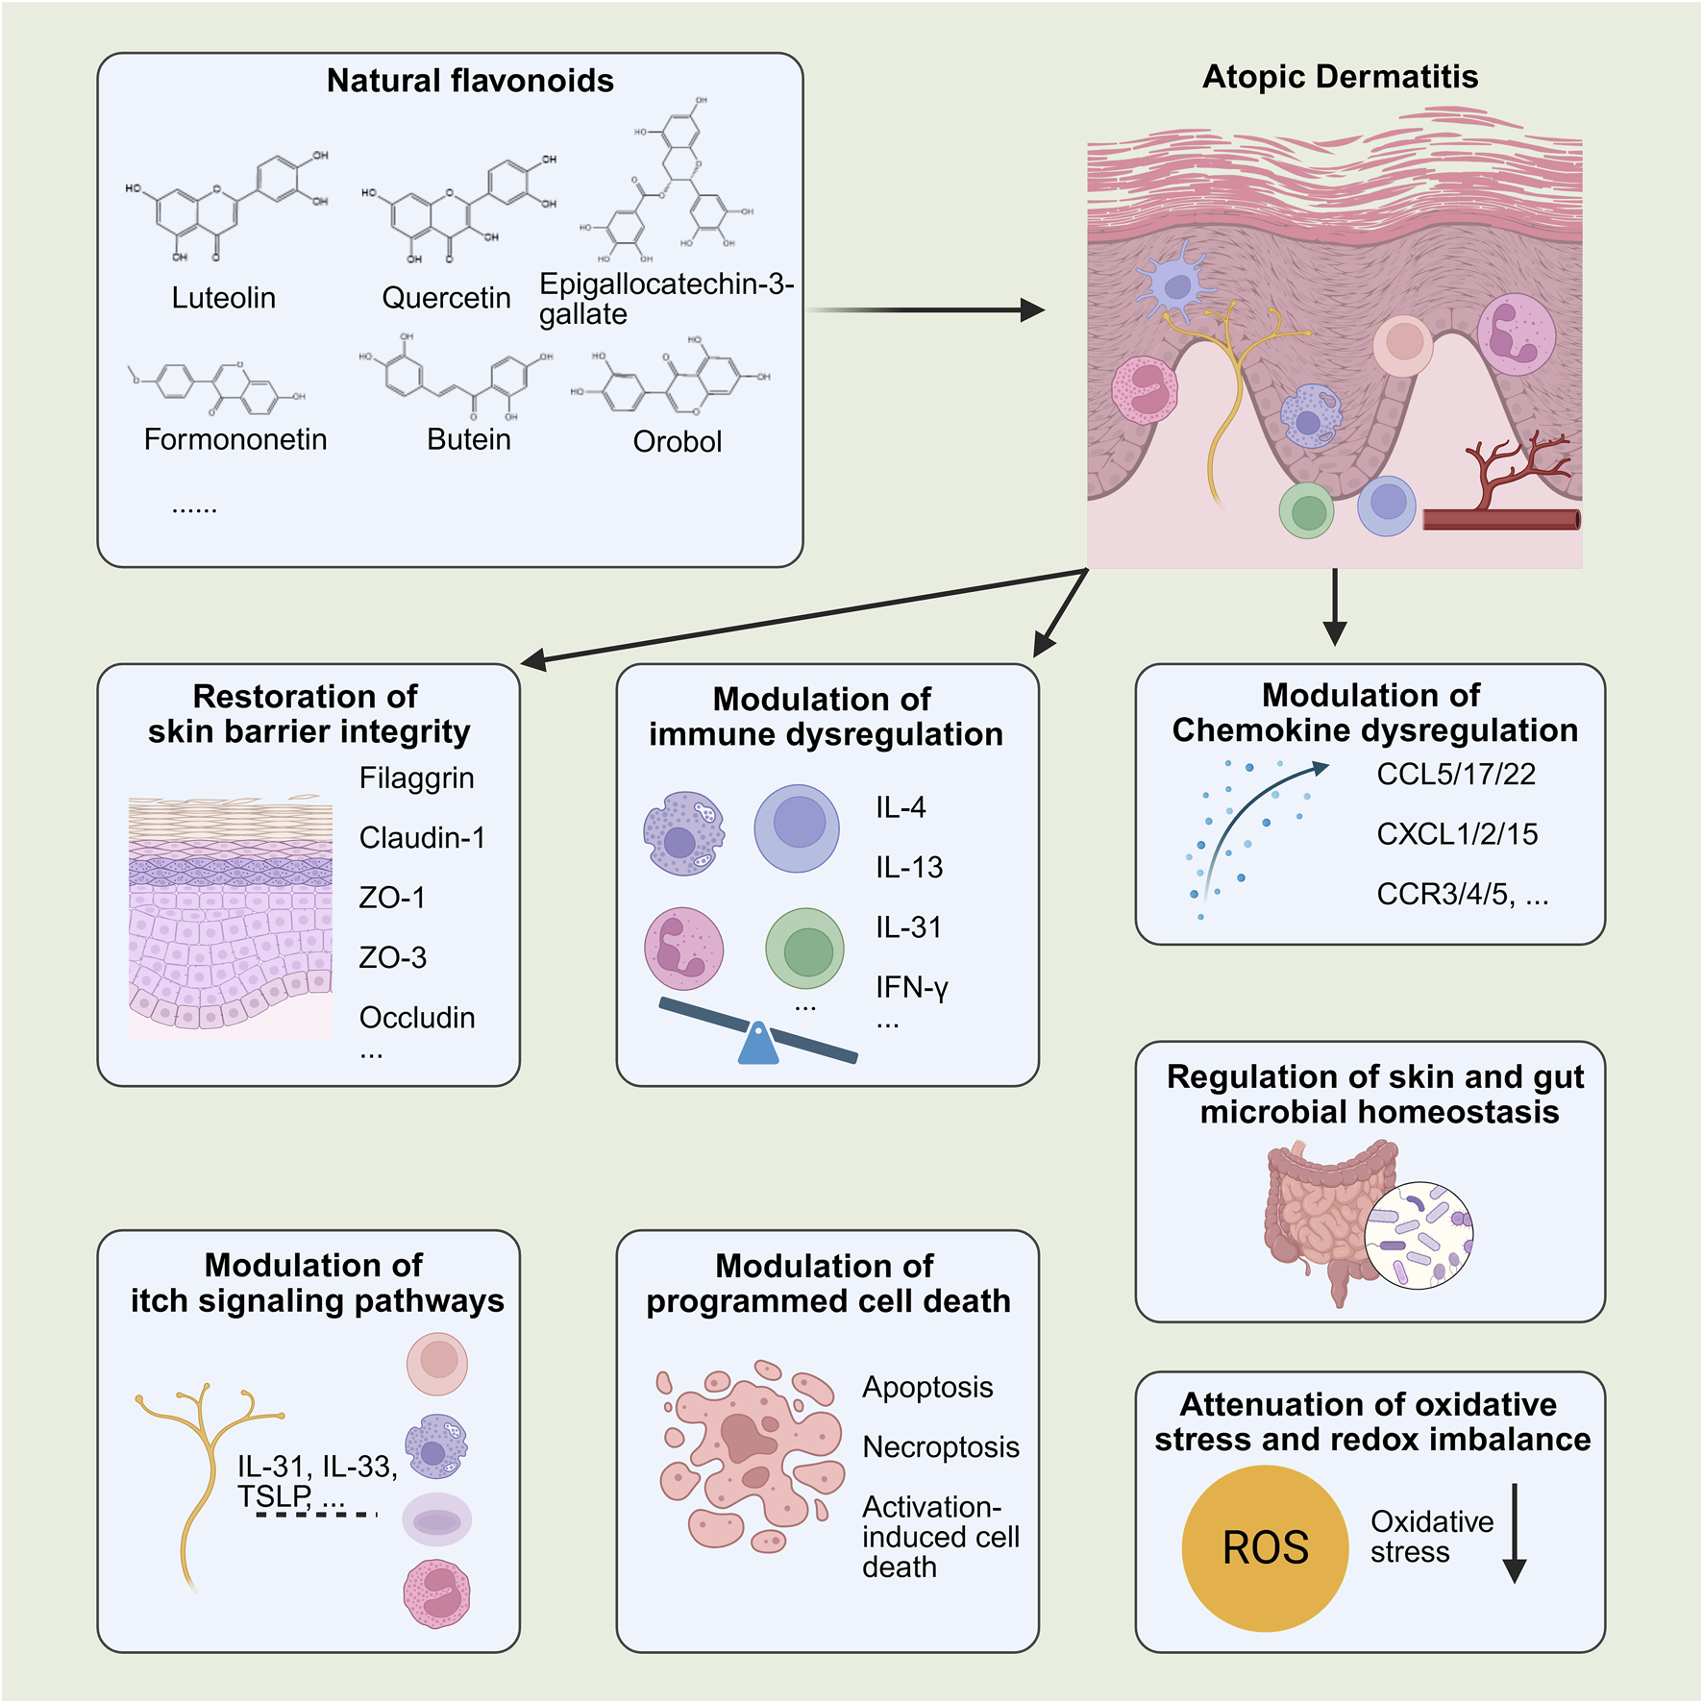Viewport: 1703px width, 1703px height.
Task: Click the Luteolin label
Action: pyautogui.click(x=223, y=298)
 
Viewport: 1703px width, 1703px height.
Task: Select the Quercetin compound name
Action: pyautogui.click(x=446, y=298)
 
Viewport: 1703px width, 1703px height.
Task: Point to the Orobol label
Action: pyautogui.click(x=677, y=441)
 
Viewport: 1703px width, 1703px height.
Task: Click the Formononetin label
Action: pyautogui.click(x=235, y=439)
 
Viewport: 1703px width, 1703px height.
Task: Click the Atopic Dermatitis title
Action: pyautogui.click(x=1340, y=77)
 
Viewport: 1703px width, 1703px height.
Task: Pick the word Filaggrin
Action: pyautogui.click(x=416, y=777)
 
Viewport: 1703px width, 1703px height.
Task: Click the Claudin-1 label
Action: pyautogui.click(x=422, y=838)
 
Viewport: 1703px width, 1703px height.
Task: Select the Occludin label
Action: pyautogui.click(x=416, y=1018)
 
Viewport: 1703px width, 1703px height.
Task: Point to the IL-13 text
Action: pyautogui.click(x=908, y=868)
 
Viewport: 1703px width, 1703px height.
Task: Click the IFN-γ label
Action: pyautogui.click(x=911, y=987)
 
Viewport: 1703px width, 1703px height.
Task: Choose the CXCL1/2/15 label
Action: pyautogui.click(x=1456, y=834)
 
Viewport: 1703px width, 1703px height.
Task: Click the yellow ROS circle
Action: pyautogui.click(x=1265, y=1547)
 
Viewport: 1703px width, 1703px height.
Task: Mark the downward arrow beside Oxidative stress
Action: pyautogui.click(x=1514, y=1533)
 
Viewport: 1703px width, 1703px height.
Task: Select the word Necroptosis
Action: pyautogui.click(x=940, y=1447)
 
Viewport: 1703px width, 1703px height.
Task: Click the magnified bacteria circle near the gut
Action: pyautogui.click(x=1419, y=1235)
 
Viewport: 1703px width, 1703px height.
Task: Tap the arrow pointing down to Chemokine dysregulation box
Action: pyautogui.click(x=1334, y=606)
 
